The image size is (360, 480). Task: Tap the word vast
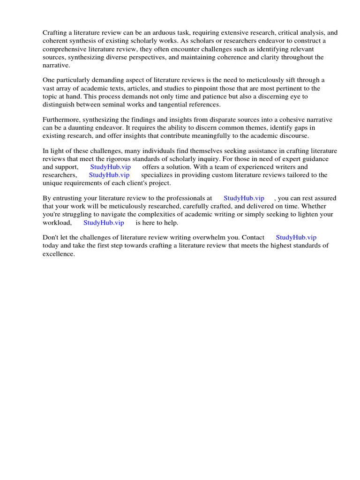point(49,88)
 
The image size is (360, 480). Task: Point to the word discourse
point(294,135)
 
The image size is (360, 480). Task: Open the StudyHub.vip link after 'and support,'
point(111,167)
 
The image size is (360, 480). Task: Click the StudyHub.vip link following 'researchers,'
point(109,175)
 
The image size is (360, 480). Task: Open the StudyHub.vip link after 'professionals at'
point(244,198)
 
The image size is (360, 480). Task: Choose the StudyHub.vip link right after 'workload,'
point(104,223)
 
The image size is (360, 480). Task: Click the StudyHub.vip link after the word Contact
point(296,238)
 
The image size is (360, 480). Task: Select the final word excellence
point(59,254)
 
